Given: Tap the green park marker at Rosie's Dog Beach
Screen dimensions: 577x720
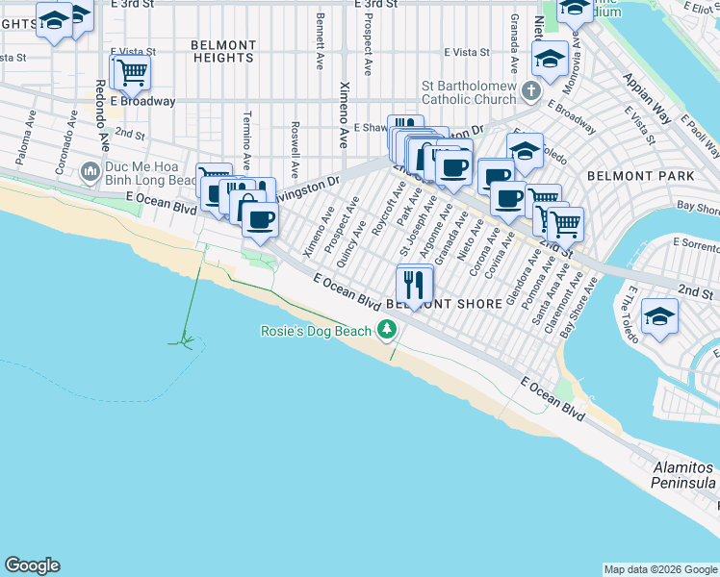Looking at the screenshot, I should pyautogui.click(x=387, y=331).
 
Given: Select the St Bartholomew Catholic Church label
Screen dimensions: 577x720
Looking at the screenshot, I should pyautogui.click(x=470, y=92).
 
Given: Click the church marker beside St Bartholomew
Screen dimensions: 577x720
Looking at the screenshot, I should pyautogui.click(x=530, y=92).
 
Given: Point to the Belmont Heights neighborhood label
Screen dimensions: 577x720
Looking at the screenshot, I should pyautogui.click(x=223, y=51).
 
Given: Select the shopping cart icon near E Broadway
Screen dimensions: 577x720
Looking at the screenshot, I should pyautogui.click(x=132, y=71).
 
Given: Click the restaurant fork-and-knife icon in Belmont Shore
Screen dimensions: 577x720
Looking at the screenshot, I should pyautogui.click(x=415, y=285).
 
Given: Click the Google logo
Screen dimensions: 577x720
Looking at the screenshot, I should pyautogui.click(x=32, y=565).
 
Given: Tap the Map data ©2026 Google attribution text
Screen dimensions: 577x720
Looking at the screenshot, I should pyautogui.click(x=659, y=569).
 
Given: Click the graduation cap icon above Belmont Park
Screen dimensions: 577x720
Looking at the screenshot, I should pyautogui.click(x=525, y=151).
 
